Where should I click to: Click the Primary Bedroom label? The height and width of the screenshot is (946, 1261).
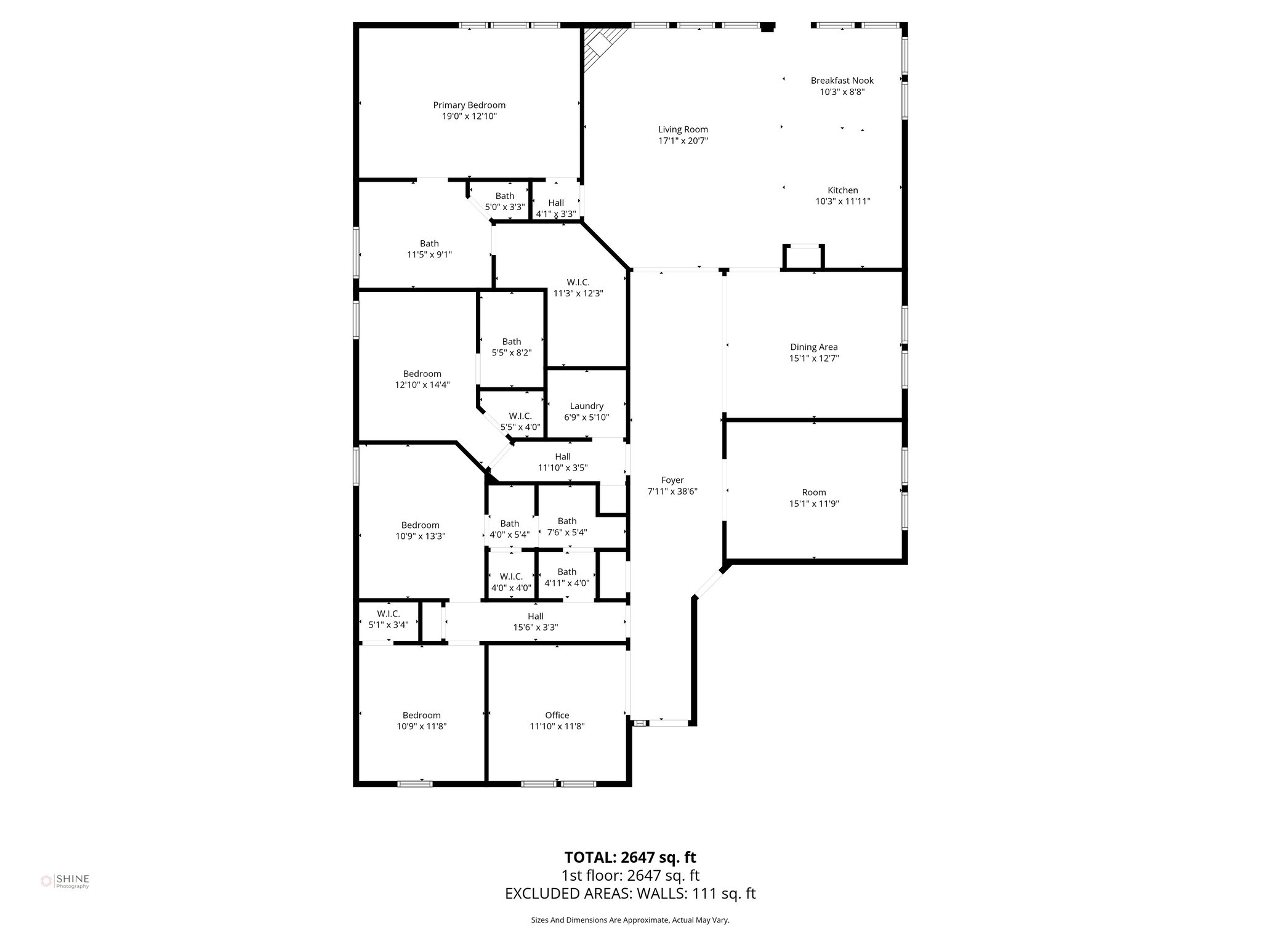click(469, 105)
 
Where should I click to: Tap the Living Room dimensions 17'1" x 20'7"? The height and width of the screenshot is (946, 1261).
click(683, 141)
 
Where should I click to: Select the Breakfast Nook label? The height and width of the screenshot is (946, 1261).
click(842, 81)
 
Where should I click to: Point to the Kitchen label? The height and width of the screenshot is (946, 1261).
click(842, 190)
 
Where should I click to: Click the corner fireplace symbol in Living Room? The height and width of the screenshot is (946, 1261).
click(599, 46)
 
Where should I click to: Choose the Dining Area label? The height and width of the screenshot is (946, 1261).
click(813, 347)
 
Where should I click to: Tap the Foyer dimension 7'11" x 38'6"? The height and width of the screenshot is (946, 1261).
click(672, 491)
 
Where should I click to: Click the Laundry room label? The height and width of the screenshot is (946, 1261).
click(586, 406)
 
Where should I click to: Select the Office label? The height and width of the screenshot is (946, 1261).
click(557, 715)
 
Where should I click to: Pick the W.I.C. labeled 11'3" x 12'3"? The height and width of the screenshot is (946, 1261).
click(578, 288)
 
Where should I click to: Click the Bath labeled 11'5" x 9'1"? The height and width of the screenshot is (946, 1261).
click(429, 249)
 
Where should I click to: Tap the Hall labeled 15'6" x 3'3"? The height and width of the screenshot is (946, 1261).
click(535, 621)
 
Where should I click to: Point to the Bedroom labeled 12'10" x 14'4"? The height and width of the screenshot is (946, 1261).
click(422, 379)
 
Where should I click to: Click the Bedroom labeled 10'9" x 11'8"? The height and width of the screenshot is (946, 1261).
click(421, 721)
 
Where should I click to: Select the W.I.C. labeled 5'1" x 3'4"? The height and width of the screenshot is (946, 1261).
click(388, 619)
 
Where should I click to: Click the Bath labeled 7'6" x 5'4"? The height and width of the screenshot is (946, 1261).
click(566, 527)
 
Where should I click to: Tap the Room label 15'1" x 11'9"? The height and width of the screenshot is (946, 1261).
click(813, 498)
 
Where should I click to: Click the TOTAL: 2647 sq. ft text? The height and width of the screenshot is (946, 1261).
click(630, 857)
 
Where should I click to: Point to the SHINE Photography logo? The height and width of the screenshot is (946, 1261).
click(65, 881)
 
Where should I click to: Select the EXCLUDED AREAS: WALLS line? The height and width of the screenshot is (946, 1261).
click(630, 894)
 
